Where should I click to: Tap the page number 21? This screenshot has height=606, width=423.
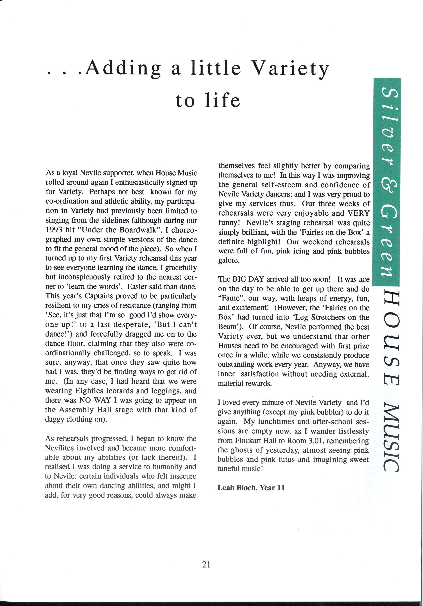[206, 564]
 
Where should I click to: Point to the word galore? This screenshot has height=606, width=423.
[229, 260]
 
